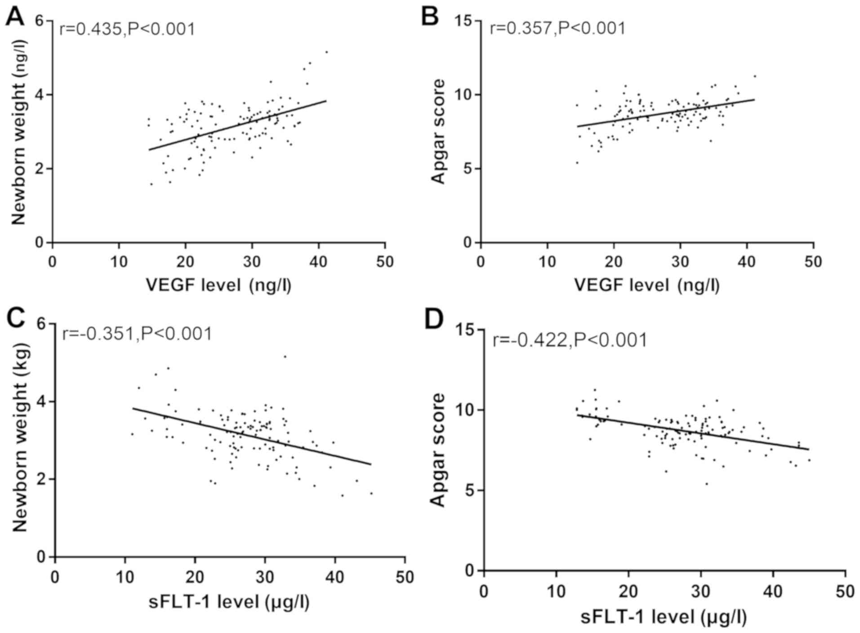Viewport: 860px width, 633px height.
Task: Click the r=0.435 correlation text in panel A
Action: pyautogui.click(x=127, y=29)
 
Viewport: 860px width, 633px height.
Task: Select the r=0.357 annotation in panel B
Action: pyautogui.click(x=557, y=28)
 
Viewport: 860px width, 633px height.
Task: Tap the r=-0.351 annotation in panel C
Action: pyautogui.click(x=137, y=334)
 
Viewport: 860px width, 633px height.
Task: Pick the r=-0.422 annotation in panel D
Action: pyautogui.click(x=570, y=340)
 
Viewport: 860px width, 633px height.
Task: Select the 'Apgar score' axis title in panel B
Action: pyautogui.click(x=438, y=131)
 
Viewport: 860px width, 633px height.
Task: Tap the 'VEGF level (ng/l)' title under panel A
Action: pyautogui.click(x=218, y=285)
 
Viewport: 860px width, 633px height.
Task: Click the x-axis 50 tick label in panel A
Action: pyautogui.click(x=384, y=262)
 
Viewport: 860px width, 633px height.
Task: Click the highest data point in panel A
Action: pyautogui.click(x=326, y=52)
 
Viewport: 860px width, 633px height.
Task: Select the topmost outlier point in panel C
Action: pyautogui.click(x=285, y=357)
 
